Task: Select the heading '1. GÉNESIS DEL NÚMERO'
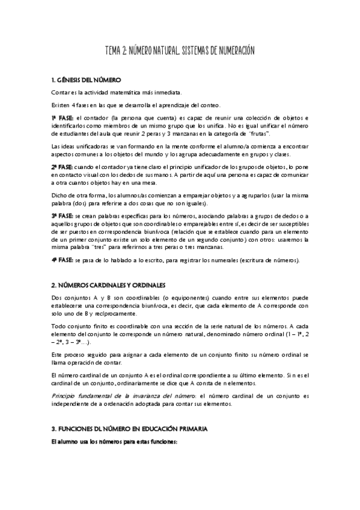point(87,80)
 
